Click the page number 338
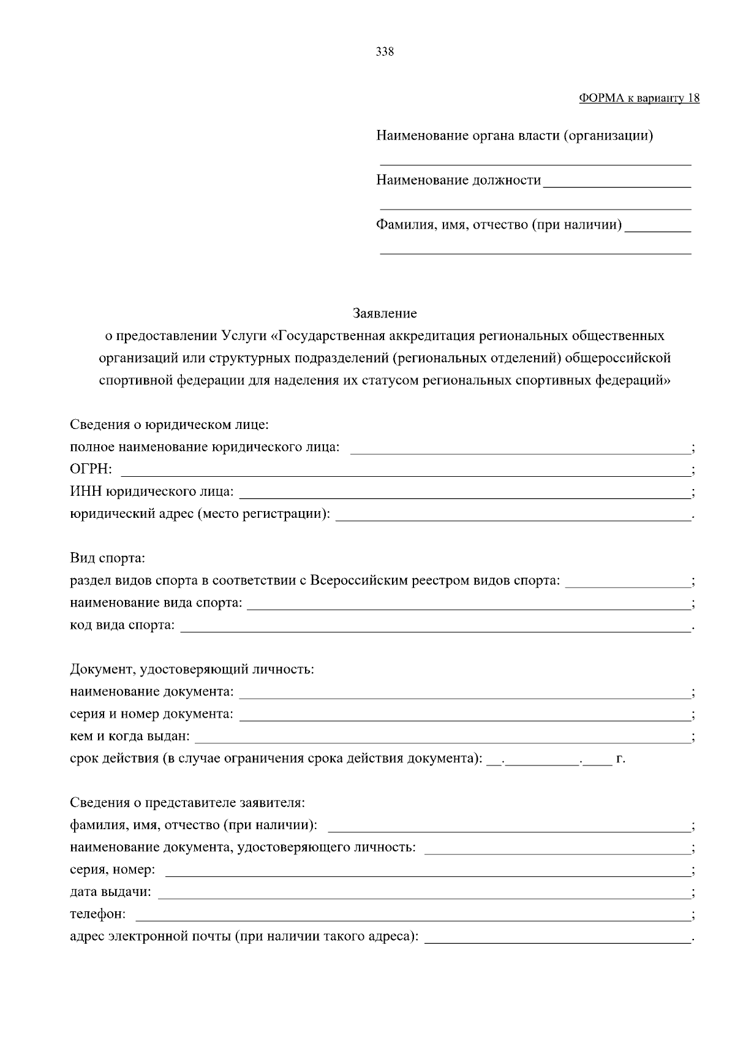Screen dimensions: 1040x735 point(384,52)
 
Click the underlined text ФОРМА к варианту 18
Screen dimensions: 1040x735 point(639,98)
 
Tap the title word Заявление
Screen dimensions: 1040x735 point(384,314)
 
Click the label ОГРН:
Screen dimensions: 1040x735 point(91,469)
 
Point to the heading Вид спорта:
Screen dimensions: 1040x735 point(107,558)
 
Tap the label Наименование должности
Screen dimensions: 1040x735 point(458,180)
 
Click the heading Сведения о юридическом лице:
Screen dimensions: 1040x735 point(170,425)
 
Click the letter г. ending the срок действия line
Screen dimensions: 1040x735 point(620,759)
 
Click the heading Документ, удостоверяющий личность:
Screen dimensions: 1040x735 point(192,669)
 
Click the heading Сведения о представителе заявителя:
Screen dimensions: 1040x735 point(187,803)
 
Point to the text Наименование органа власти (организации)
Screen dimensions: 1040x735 point(514,135)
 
